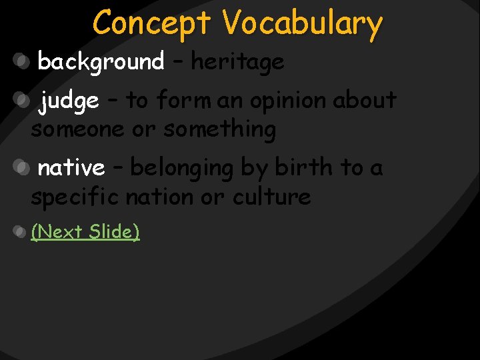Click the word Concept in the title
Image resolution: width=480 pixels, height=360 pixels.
point(153,23)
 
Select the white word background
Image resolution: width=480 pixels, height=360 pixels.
point(101,62)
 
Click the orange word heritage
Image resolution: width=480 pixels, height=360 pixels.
point(238,62)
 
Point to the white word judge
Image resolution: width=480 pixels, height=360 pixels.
point(69,101)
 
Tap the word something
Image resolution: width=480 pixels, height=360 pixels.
point(219,129)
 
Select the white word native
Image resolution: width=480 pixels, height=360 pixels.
point(71,168)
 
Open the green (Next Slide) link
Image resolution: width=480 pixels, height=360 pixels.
point(85,231)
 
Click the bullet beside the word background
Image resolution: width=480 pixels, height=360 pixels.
point(22,62)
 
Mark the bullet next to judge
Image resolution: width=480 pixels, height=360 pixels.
point(22,101)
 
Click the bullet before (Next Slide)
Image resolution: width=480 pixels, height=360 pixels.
point(21,233)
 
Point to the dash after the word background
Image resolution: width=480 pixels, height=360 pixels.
point(177,63)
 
